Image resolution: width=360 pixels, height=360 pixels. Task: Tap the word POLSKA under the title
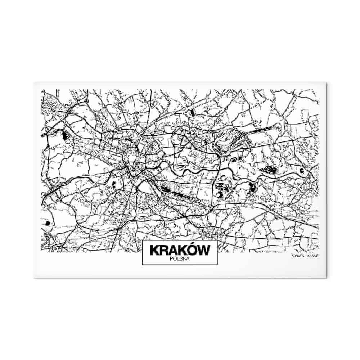pyautogui.click(x=179, y=258)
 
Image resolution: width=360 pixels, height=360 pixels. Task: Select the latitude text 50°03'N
pyautogui.click(x=298, y=256)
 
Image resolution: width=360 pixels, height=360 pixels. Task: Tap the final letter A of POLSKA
pyautogui.click(x=188, y=258)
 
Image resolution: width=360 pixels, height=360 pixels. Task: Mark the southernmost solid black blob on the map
pyautogui.click(x=48, y=224)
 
